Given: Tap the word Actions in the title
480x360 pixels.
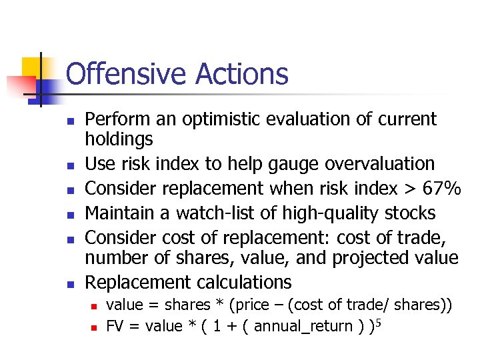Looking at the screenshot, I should click(241, 74).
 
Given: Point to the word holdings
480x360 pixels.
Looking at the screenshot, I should click(119, 139).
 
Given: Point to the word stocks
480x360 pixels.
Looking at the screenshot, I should click(411, 213).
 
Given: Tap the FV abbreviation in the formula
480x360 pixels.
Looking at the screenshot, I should click(116, 326).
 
